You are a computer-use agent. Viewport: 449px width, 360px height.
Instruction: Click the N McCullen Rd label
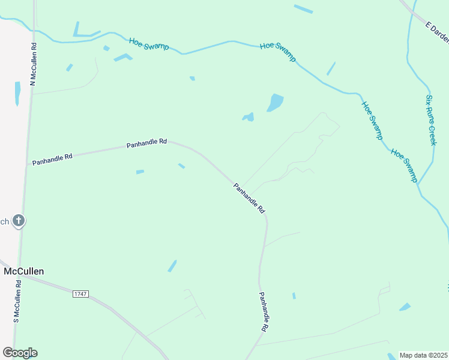(x=34, y=64)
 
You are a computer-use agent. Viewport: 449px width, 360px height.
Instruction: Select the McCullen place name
(x=23, y=271)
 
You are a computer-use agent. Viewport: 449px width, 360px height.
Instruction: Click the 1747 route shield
(x=80, y=293)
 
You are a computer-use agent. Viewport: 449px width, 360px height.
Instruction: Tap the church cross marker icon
(x=19, y=221)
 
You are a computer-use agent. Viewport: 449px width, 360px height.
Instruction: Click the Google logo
(x=20, y=353)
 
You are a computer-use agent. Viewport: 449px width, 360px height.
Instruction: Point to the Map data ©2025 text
(x=424, y=355)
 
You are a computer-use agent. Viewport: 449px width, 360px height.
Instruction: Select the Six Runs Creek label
(x=430, y=119)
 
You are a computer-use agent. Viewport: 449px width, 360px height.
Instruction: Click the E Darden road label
(x=437, y=33)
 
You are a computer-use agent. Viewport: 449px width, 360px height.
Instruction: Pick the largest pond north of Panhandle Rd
(x=275, y=103)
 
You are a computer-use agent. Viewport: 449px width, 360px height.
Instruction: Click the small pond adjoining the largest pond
(x=249, y=117)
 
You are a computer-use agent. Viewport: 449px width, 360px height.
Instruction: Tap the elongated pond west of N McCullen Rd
(x=17, y=93)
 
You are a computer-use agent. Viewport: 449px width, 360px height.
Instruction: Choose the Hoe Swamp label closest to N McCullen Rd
(x=149, y=44)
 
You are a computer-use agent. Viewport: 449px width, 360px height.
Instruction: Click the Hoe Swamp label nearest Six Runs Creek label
(x=405, y=166)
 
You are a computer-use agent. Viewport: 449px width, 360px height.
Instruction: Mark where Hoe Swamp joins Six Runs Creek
(x=418, y=183)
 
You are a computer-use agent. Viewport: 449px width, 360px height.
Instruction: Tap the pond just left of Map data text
(x=393, y=356)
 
